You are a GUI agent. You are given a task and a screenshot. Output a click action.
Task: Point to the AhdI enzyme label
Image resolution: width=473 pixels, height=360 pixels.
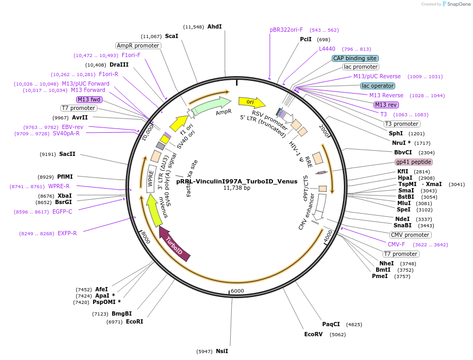214,26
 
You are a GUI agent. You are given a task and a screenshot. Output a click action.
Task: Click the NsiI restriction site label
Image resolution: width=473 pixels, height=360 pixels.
222,351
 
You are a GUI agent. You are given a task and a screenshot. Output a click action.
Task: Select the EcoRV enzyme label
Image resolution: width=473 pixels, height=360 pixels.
313,334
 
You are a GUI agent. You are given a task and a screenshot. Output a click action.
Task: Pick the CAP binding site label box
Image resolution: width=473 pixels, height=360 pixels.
355,58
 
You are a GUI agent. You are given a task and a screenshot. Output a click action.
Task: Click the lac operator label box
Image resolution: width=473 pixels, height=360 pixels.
377,86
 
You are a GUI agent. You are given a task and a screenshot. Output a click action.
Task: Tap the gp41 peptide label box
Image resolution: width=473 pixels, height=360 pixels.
413,162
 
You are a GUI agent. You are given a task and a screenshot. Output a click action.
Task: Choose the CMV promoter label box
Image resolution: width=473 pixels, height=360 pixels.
410,235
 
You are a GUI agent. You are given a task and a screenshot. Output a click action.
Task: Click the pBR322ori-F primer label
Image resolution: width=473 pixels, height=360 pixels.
286,30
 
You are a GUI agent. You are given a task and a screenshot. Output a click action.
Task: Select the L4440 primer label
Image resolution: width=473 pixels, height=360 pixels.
326,49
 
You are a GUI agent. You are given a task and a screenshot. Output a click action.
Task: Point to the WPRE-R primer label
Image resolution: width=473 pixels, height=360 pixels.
59,186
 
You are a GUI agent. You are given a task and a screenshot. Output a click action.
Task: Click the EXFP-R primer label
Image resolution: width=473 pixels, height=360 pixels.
67,233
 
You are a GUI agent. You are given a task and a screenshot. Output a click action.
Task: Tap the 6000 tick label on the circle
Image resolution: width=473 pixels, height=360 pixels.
237,291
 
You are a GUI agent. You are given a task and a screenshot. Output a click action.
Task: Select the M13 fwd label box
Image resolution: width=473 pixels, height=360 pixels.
89,99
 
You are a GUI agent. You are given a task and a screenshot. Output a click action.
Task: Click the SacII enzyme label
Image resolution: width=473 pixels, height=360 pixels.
67,154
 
